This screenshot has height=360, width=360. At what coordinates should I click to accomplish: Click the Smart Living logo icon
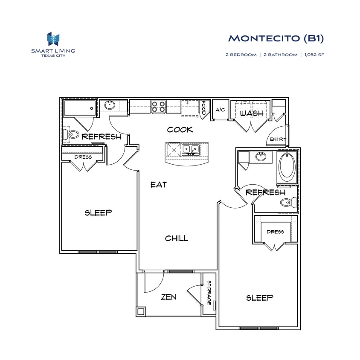point(53,39)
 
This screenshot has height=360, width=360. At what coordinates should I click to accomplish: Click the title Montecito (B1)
point(276,38)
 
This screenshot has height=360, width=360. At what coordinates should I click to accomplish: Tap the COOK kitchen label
point(180,129)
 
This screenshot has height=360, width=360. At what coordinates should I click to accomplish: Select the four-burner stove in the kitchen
point(159,106)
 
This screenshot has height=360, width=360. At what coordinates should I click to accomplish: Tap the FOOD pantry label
point(204,107)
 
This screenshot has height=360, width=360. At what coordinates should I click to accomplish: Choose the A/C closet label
point(220,110)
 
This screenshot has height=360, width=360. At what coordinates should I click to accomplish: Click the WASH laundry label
point(250,114)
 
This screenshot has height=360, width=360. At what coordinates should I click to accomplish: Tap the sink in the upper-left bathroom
point(110,105)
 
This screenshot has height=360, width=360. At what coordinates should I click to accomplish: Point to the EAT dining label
point(158,185)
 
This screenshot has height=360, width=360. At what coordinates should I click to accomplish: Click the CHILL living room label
point(177,238)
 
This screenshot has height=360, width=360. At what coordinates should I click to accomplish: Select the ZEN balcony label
point(169,297)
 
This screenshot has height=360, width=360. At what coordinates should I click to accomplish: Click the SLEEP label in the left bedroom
point(98,212)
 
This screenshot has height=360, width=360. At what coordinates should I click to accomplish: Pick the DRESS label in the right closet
point(275,232)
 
